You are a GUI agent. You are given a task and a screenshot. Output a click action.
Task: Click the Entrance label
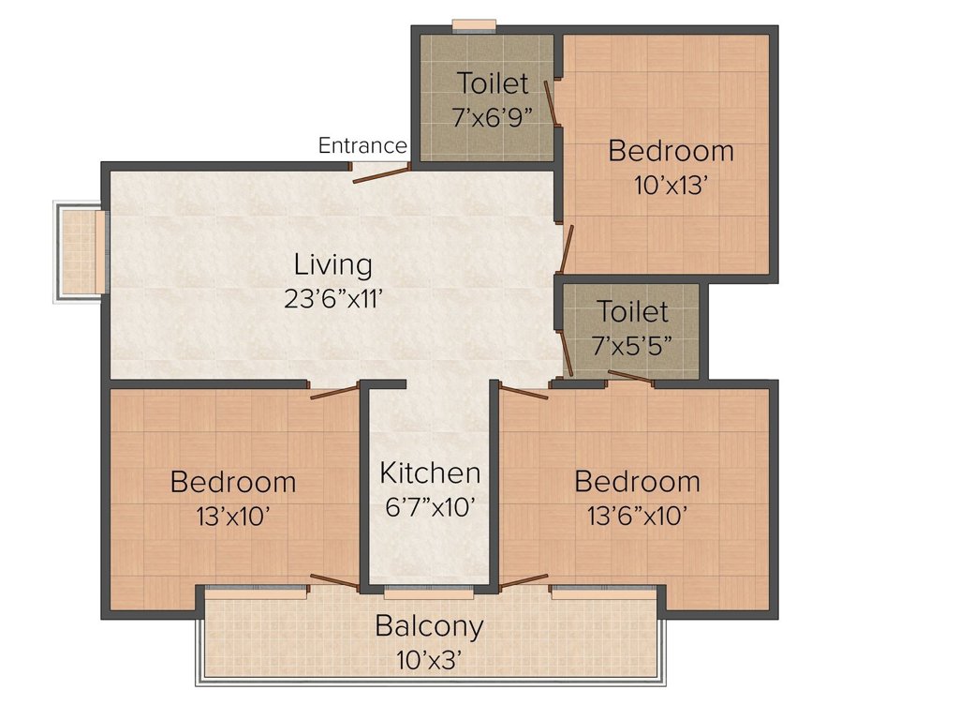362,146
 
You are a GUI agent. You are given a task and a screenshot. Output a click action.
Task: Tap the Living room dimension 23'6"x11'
333,298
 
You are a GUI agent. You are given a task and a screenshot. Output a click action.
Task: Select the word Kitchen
430,473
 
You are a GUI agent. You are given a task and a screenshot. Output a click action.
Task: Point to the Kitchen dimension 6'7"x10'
430,507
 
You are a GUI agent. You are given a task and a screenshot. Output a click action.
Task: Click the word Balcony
429,626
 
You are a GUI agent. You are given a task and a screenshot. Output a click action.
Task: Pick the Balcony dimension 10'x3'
429,660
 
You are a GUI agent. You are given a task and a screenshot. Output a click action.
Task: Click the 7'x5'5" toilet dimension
633,344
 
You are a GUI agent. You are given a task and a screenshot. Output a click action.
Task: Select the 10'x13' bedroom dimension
671,185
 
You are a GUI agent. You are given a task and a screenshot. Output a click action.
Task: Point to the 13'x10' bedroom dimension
233,516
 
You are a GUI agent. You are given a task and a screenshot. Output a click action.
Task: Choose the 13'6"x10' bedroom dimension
637,516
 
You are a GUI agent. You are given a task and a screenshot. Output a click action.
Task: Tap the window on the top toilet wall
474,25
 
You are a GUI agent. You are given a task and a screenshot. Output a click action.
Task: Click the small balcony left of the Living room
81,251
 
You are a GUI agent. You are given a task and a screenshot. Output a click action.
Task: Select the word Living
333,264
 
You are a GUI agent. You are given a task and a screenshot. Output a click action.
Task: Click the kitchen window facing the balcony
429,592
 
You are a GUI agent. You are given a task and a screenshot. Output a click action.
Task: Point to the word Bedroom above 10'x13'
671,151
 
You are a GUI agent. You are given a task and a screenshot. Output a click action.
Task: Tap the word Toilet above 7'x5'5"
633,311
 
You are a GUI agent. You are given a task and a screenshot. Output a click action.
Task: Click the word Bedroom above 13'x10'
233,483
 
